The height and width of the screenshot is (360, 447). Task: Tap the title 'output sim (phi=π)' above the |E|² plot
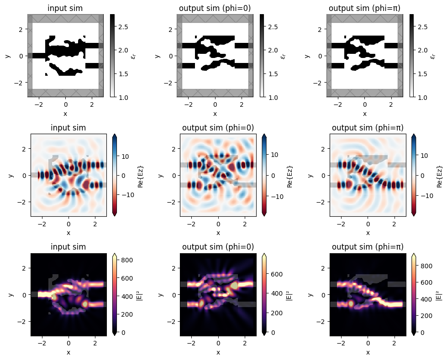click(x=368, y=247)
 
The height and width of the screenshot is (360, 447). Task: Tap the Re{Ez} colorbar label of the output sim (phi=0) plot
click(x=287, y=175)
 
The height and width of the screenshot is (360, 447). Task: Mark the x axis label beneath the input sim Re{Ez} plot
click(x=68, y=233)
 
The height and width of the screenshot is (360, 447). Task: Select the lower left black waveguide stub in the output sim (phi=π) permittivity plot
click(x=338, y=66)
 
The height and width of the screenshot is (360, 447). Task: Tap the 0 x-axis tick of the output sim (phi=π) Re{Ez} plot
click(x=368, y=224)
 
